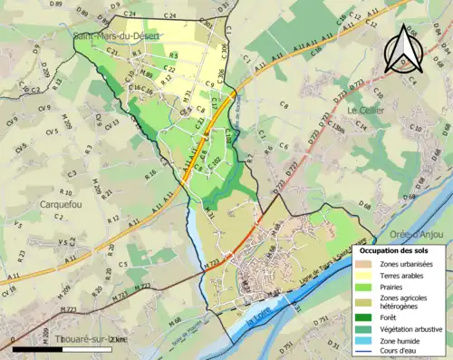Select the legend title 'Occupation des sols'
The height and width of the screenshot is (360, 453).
tap(393, 249)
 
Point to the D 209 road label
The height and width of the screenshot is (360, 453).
tap(44, 72)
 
